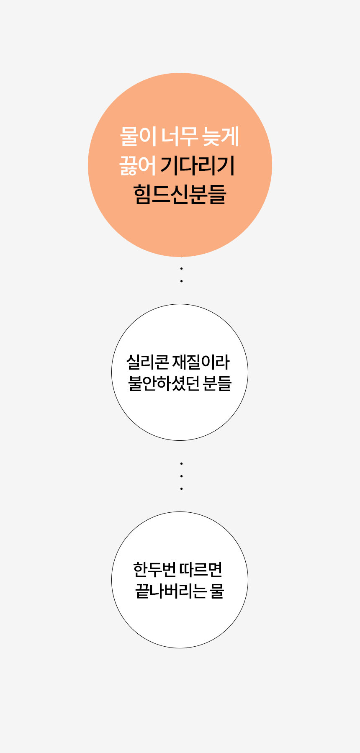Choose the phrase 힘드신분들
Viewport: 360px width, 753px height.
(180, 194)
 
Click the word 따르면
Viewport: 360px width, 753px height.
(201, 569)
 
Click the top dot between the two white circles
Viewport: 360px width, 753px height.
(181, 463)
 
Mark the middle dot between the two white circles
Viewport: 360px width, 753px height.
(181, 476)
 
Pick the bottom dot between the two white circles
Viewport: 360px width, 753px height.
(181, 488)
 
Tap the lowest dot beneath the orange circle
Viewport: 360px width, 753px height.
(181, 281)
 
